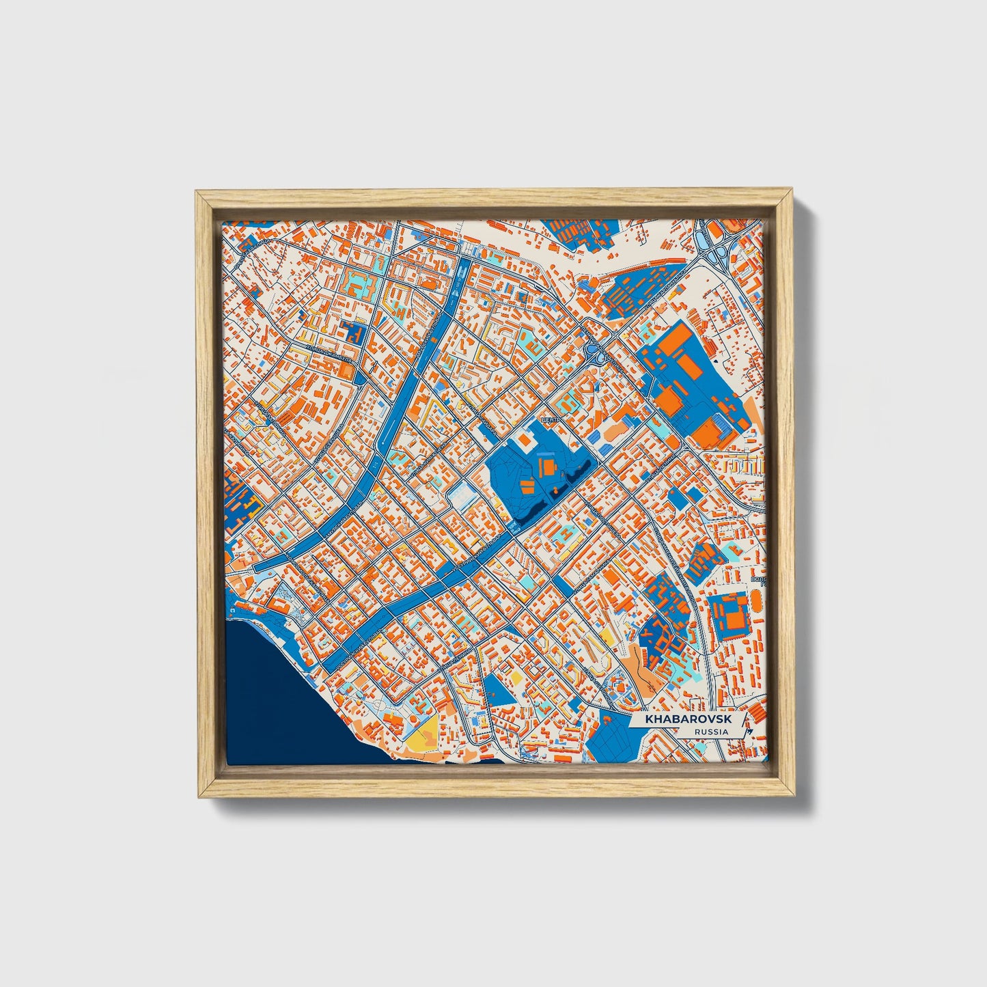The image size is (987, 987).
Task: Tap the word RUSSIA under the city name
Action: click(x=710, y=732)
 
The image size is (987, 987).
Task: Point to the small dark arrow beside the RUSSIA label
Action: click(x=751, y=732)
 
